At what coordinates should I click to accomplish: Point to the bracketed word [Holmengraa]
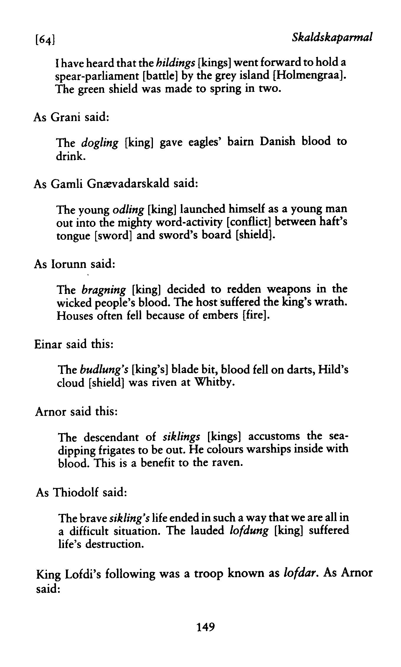[x=310, y=76]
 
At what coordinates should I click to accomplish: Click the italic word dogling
[x=100, y=143]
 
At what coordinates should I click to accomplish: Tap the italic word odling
[x=128, y=210]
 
